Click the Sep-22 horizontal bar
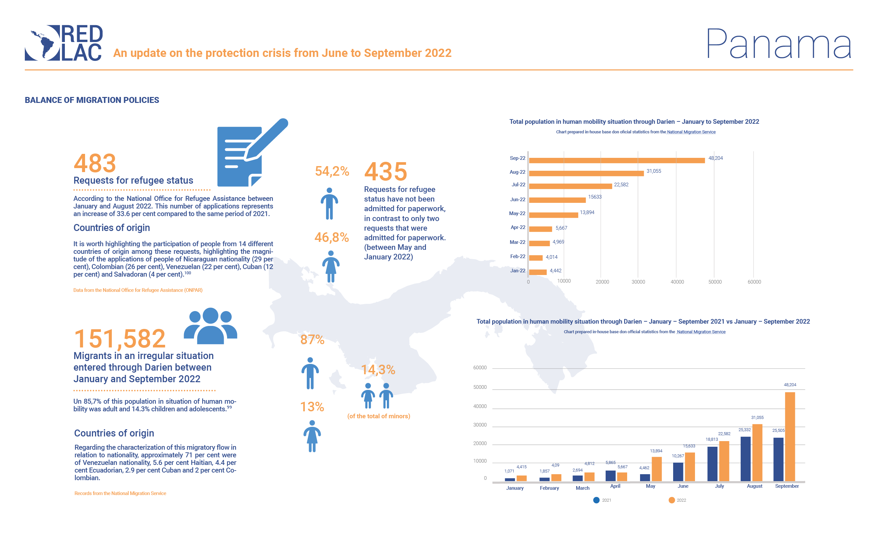[x=617, y=160]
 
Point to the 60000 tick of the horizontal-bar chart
[x=754, y=282]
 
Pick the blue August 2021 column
[x=745, y=459]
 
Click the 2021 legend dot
[x=596, y=500]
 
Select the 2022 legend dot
[x=671, y=500]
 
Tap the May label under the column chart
[x=650, y=486]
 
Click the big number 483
[x=95, y=163]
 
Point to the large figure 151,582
[x=119, y=339]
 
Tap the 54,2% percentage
[x=332, y=171]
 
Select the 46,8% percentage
[x=332, y=237]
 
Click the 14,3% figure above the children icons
[x=378, y=370]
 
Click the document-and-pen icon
[x=249, y=154]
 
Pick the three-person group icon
[x=210, y=326]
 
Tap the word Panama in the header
[x=778, y=44]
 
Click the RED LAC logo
[x=64, y=43]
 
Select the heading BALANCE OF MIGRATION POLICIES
[x=92, y=100]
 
